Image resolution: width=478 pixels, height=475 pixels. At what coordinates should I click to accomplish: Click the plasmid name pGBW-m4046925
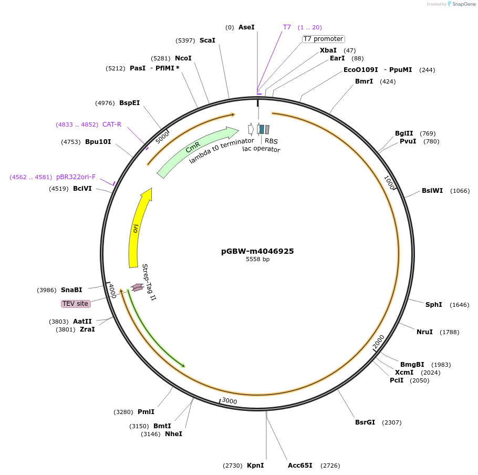pyautogui.click(x=257, y=251)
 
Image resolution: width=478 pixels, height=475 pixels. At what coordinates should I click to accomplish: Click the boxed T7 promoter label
pyautogui.click(x=323, y=39)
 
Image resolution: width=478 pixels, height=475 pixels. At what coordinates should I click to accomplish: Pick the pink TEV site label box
pyautogui.click(x=76, y=304)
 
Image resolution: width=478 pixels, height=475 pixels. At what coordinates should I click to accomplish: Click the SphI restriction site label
pyautogui.click(x=433, y=305)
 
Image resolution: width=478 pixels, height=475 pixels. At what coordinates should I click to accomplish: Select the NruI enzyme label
pyautogui.click(x=424, y=332)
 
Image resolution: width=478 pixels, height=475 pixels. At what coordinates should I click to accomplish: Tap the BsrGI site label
pyautogui.click(x=365, y=422)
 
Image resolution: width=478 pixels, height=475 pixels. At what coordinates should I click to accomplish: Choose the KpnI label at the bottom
pyautogui.click(x=255, y=466)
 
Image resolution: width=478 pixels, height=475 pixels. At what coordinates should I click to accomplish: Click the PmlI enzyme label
pyautogui.click(x=146, y=412)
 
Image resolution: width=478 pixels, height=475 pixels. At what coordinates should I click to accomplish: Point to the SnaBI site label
pyautogui.click(x=71, y=290)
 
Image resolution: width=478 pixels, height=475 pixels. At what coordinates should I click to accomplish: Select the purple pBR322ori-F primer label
pyautogui.click(x=76, y=177)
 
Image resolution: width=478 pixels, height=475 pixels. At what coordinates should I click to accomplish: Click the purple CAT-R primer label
pyautogui.click(x=111, y=125)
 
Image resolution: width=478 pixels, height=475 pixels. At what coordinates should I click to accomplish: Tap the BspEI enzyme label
pyautogui.click(x=129, y=103)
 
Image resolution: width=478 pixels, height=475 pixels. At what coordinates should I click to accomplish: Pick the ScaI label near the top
pyautogui.click(x=207, y=40)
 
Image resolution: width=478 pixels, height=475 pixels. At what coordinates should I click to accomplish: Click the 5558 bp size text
pyautogui.click(x=257, y=260)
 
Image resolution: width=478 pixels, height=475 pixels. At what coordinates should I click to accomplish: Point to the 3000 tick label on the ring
pyautogui.click(x=230, y=401)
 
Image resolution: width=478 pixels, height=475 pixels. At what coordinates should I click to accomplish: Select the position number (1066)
pyautogui.click(x=460, y=191)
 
